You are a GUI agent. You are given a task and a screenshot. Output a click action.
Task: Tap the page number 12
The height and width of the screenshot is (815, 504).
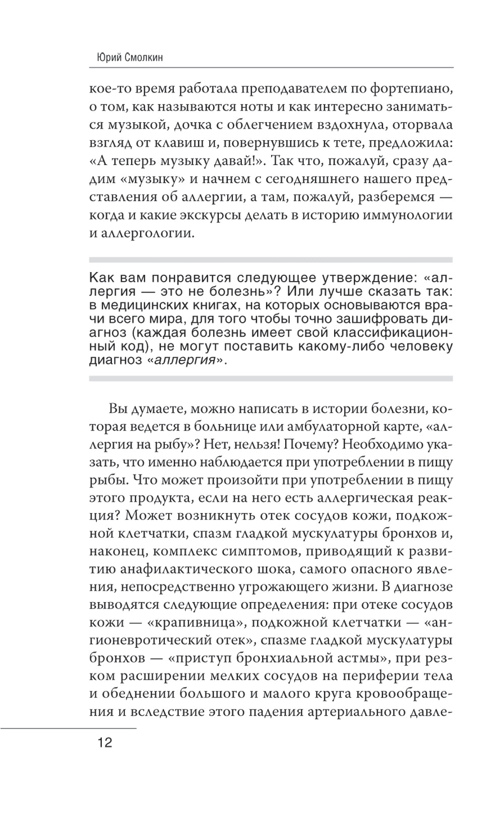105,743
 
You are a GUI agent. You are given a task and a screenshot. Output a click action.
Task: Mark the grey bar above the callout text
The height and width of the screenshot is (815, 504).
271,260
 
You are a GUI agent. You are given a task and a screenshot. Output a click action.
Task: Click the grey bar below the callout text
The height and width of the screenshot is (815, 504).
271,378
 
